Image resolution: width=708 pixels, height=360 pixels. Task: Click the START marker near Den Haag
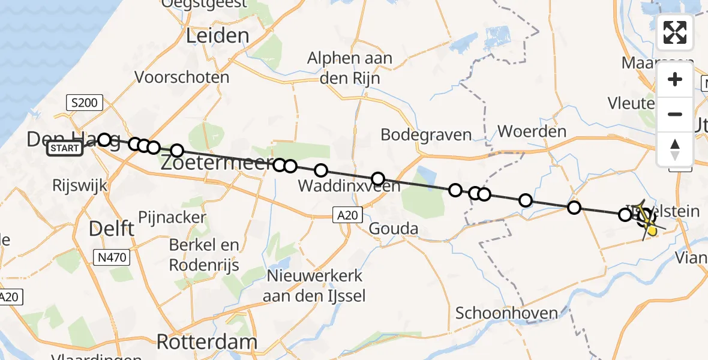click(x=64, y=148)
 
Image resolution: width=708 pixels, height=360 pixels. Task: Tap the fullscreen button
click(x=675, y=32)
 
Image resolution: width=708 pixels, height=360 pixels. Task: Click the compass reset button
click(x=675, y=149)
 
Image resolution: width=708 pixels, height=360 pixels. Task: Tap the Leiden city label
click(x=217, y=36)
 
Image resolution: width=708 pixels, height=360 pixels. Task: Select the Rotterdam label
click(x=206, y=342)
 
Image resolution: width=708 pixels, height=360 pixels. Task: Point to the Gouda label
click(x=393, y=229)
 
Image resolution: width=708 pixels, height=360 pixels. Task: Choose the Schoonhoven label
click(x=506, y=313)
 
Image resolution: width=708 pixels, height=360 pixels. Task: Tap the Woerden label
click(x=532, y=131)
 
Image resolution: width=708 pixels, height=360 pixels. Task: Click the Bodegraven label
click(x=426, y=134)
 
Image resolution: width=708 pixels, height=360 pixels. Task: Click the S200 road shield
click(x=83, y=103)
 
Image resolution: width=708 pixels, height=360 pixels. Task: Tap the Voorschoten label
click(x=182, y=77)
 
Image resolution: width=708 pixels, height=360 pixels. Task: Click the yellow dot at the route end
click(x=652, y=229)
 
